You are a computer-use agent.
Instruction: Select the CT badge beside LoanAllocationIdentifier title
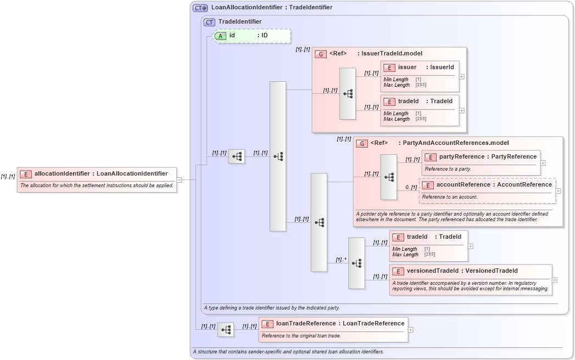(200, 8)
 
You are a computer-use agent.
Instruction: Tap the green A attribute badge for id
(220, 36)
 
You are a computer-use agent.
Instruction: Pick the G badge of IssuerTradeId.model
(321, 54)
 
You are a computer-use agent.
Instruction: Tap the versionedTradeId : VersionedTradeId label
(462, 271)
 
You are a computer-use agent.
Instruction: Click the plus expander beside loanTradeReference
(411, 330)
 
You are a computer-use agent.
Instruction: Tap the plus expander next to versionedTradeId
(555, 280)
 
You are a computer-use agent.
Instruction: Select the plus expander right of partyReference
(543, 163)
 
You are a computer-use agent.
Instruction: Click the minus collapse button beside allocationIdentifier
(179, 179)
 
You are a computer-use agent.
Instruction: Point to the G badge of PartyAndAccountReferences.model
(362, 143)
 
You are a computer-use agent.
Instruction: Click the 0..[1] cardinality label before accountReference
(411, 188)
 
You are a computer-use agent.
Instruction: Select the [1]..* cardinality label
(341, 260)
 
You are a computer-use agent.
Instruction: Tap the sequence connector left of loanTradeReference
(226, 330)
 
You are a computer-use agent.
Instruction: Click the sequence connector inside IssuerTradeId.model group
(348, 94)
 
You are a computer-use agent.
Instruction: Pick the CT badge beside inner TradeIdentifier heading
(209, 22)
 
